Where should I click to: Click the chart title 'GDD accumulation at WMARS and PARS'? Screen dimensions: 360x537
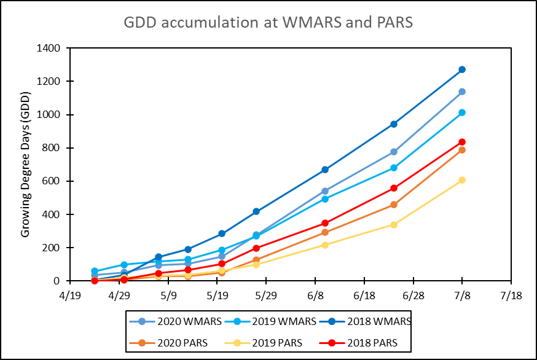[268, 22]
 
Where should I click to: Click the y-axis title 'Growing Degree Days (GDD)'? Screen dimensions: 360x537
[26, 164]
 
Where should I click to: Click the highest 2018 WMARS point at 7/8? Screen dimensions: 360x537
[461, 69]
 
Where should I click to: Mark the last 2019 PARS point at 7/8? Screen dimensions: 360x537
[461, 180]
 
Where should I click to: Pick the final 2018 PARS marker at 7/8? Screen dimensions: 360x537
[461, 142]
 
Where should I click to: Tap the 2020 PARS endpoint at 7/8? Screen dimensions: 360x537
[461, 150]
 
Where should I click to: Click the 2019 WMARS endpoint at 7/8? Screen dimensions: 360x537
[461, 112]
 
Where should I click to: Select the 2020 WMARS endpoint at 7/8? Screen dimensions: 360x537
[461, 92]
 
